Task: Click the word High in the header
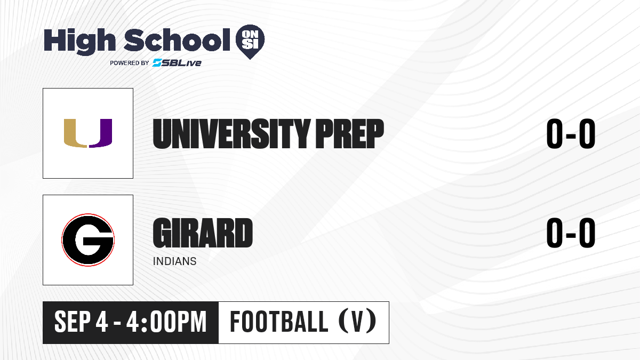[79, 42]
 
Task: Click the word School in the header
[177, 40]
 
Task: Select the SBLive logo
[177, 62]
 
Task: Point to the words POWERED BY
[130, 63]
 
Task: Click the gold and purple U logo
[88, 133]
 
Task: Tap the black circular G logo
[88, 240]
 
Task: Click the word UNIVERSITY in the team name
[231, 134]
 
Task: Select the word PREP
[349, 134]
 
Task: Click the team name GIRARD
[203, 233]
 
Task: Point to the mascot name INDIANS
[174, 261]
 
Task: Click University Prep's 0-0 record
[571, 134]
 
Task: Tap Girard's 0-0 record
[571, 233]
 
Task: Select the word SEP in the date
[73, 322]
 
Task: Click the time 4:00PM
[166, 322]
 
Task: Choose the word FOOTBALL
[279, 322]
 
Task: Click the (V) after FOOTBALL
[357, 322]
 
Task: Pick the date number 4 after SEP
[102, 322]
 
